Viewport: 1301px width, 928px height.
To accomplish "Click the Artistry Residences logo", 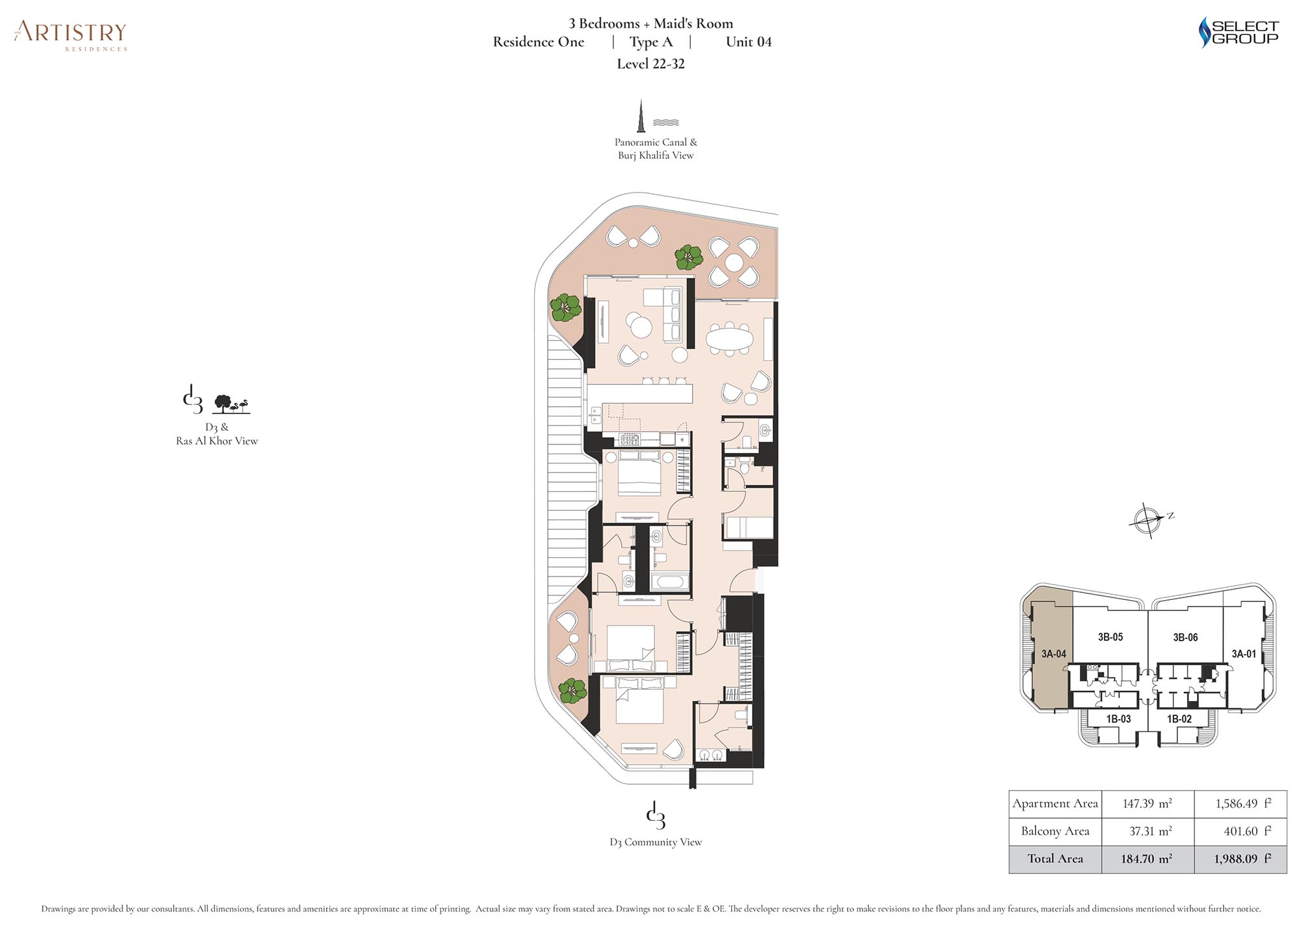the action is tap(70, 35).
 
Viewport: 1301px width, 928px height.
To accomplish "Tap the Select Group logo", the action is tap(1239, 32).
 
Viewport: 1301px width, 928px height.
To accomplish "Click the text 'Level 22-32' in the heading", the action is tap(650, 64).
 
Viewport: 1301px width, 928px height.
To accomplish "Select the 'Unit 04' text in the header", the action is tap(749, 42).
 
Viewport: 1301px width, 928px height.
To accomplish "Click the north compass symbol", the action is tap(1149, 519).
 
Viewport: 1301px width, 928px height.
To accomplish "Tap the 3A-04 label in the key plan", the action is tap(1053, 654).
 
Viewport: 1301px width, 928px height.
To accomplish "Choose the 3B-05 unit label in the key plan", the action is tap(1110, 637).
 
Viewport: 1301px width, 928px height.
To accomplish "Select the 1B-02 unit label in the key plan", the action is tap(1179, 719).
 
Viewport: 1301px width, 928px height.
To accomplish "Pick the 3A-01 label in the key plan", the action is tap(1244, 654).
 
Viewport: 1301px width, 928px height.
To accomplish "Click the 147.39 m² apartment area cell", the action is tap(1147, 804).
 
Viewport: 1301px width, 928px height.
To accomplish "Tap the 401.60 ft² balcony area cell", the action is tap(1241, 831).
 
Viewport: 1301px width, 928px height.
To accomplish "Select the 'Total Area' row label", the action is tap(1055, 859).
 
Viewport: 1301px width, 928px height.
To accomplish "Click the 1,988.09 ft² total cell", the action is tap(1241, 859).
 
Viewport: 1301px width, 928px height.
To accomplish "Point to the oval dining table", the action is tap(729, 338).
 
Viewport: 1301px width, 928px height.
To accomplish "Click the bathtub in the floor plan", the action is tap(670, 581).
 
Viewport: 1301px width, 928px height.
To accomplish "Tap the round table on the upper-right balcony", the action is tap(734, 262).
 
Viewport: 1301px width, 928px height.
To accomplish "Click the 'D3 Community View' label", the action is tap(656, 842).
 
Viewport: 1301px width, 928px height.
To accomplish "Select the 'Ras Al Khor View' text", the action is tap(217, 441).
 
